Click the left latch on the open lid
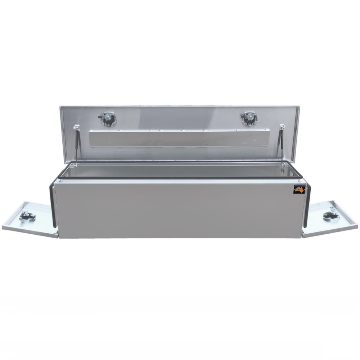[x=108, y=118]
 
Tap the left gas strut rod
[x=76, y=146]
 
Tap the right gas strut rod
[x=282, y=146]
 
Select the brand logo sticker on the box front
[x=299, y=189]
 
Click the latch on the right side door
[x=330, y=215]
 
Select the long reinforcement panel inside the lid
[x=179, y=138]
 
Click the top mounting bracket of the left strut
[x=76, y=127]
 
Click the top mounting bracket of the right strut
[x=282, y=127]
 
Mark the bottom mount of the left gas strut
[x=75, y=165]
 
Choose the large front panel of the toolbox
[x=179, y=211]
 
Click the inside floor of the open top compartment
[x=179, y=171]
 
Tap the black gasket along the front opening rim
[x=179, y=178]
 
